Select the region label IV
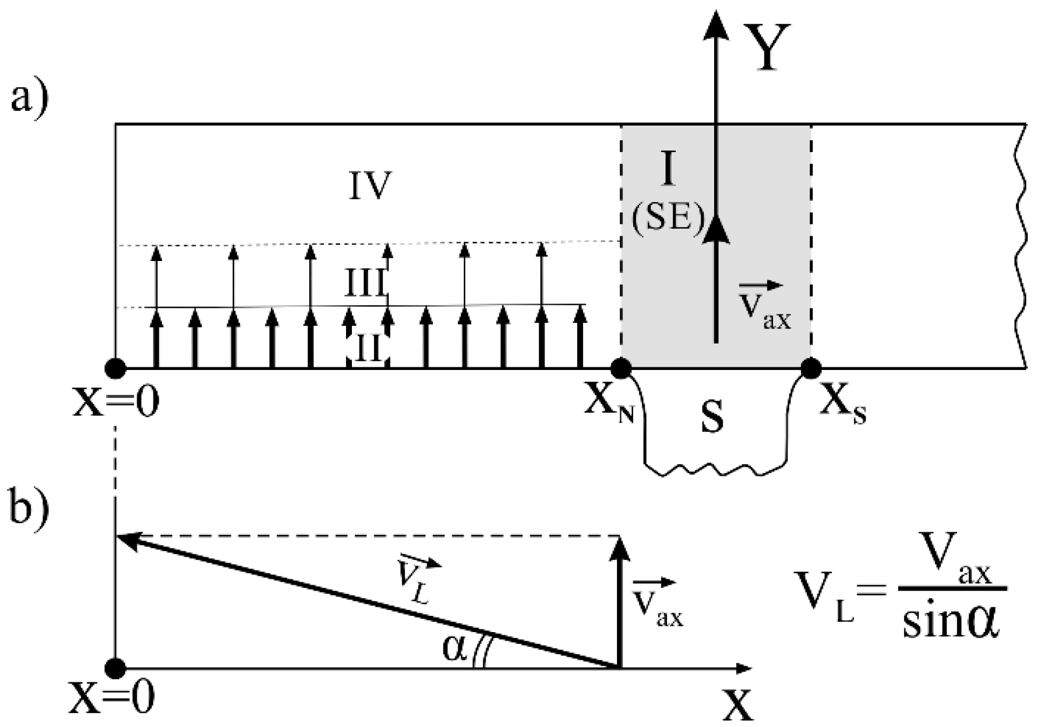coord(370,187)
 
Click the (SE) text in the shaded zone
coord(668,219)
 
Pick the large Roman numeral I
coord(668,168)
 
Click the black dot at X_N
coord(621,368)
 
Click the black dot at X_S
coord(811,368)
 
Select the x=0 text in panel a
coord(116,402)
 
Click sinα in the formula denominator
coord(952,623)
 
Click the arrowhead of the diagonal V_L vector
coord(127,539)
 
